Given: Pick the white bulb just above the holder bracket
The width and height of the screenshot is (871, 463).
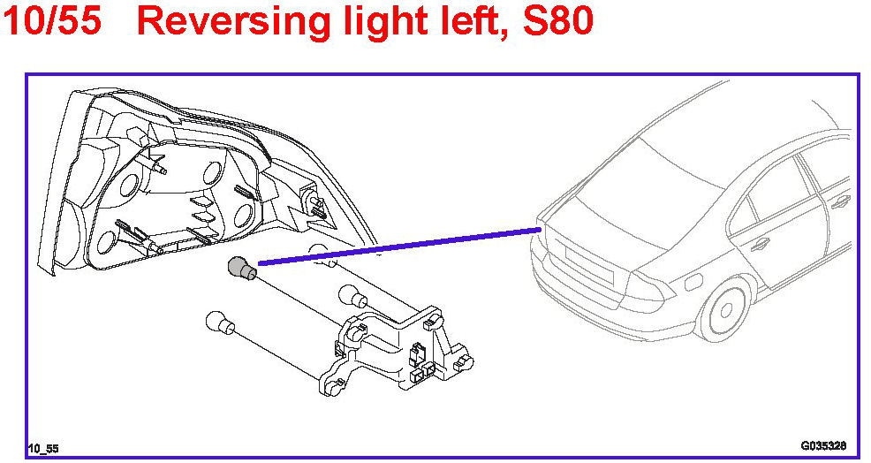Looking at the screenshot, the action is pyautogui.click(x=352, y=297).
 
